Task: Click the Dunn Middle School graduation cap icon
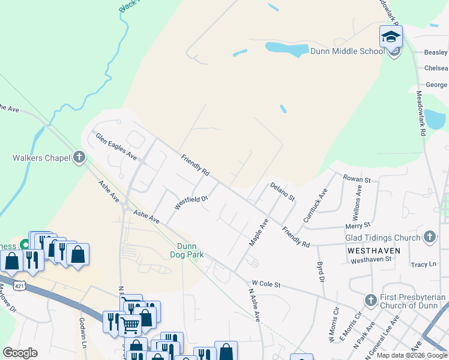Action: [391, 35]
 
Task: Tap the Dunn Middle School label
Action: [347, 51]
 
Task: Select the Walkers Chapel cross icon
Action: [79, 158]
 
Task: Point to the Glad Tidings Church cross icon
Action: [429, 237]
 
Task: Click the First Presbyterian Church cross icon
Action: [371, 299]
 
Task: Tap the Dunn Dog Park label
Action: [190, 250]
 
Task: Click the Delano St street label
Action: [282, 192]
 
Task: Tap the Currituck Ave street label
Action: [315, 206]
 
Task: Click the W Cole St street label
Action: [266, 283]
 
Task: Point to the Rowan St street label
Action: [357, 178]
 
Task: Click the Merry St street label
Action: [358, 226]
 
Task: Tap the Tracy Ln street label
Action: [423, 264]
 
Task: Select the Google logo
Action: [20, 353]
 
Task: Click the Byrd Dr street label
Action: [321, 272]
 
